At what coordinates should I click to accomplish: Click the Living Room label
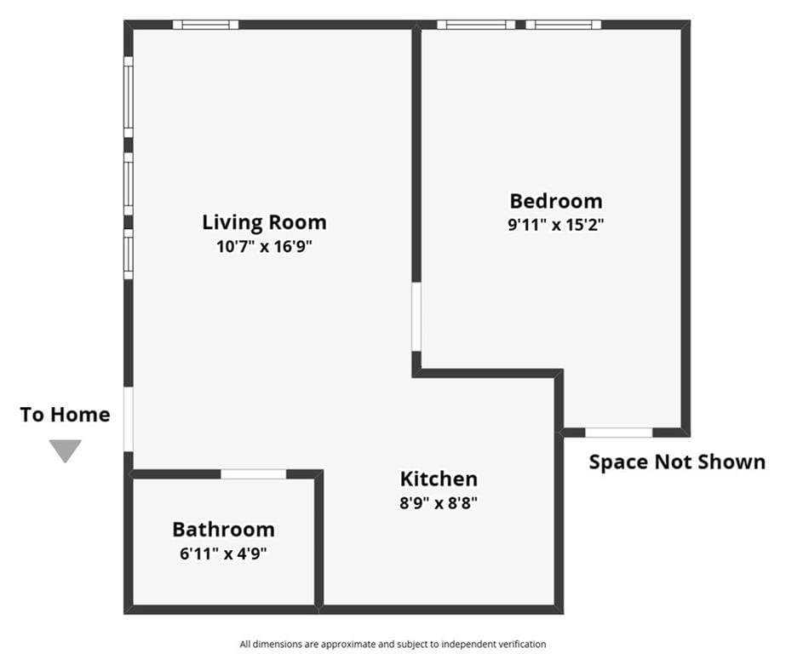click(264, 222)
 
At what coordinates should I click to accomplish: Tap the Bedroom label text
click(556, 201)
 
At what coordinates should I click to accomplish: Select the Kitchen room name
click(439, 479)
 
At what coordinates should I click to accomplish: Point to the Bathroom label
click(224, 530)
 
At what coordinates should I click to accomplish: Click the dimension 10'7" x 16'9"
click(264, 247)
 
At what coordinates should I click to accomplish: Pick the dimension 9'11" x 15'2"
click(556, 225)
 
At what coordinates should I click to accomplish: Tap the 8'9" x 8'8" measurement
click(439, 502)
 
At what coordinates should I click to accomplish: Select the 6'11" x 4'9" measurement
click(224, 554)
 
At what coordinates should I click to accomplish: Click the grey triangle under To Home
click(66, 450)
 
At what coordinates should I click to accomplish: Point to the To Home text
click(66, 415)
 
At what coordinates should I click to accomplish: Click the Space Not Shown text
click(677, 462)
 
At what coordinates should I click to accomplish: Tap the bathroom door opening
click(254, 474)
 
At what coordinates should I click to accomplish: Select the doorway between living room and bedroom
click(416, 317)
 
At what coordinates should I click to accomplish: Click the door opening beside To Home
click(129, 419)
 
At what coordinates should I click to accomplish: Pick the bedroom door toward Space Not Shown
click(619, 433)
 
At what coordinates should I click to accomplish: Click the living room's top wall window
click(205, 25)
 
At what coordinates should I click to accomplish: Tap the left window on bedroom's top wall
click(476, 25)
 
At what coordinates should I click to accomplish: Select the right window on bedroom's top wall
click(564, 25)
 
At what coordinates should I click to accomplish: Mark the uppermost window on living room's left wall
click(129, 97)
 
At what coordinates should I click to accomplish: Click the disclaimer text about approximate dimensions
click(393, 644)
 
